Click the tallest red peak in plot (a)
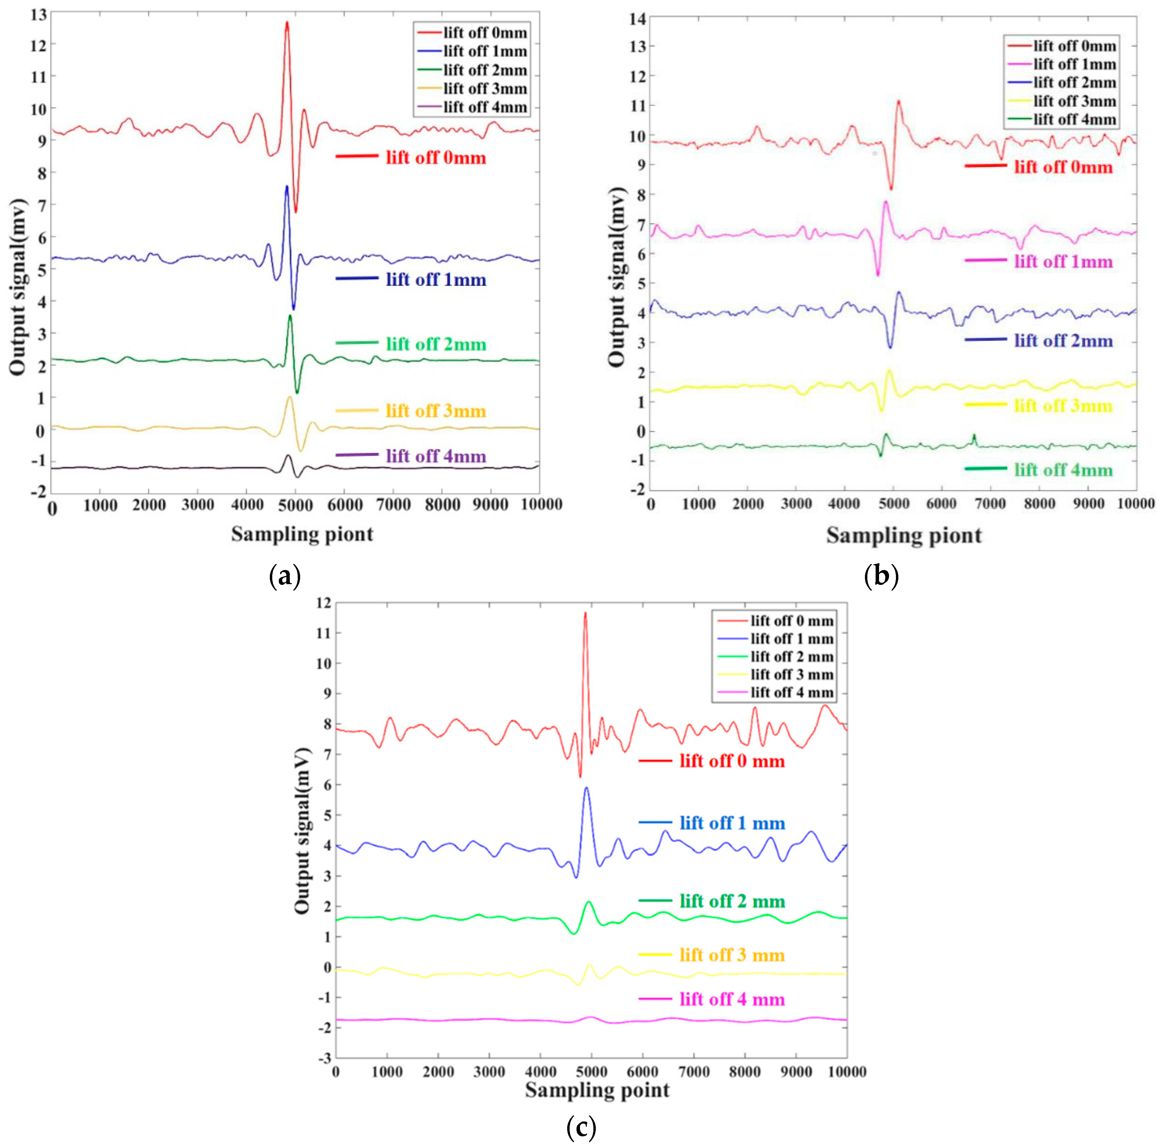287,23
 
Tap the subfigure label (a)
284,576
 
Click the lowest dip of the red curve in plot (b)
891,188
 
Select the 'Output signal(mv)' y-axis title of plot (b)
616,277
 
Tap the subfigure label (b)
881,576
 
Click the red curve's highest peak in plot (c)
584,613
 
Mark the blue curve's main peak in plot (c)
586,788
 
